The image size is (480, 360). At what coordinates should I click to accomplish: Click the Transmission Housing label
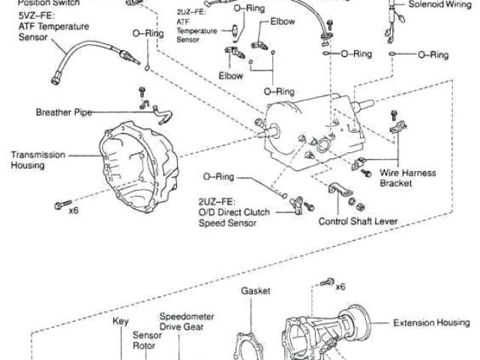(37, 160)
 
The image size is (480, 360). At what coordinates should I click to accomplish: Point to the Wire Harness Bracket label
(406, 177)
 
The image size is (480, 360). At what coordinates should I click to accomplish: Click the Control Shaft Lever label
(358, 222)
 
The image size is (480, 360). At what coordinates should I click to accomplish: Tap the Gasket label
(255, 290)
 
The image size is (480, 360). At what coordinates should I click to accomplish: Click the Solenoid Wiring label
(439, 4)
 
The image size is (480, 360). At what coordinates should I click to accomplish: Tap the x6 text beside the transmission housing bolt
(73, 209)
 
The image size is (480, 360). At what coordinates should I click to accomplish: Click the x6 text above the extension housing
(340, 285)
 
